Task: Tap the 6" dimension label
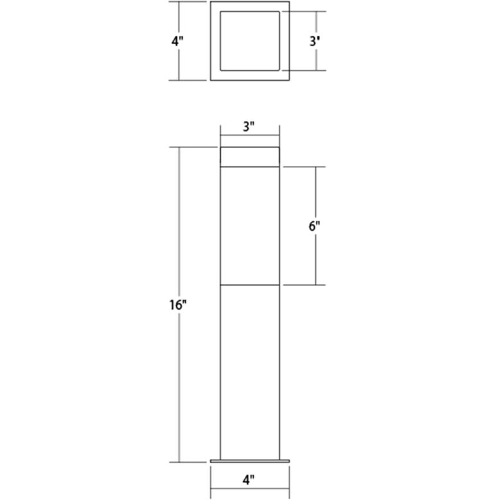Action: click(313, 226)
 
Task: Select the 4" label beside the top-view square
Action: click(178, 41)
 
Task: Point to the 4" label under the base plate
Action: click(249, 478)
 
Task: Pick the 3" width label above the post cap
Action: click(249, 126)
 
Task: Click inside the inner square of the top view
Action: click(249, 40)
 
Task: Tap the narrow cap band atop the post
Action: click(249, 156)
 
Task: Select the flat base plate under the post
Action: click(249, 460)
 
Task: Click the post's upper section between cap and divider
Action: click(249, 224)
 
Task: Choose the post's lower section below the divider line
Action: click(249, 372)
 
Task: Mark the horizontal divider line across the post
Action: click(249, 284)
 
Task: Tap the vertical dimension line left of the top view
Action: click(178, 64)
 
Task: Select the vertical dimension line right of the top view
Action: click(315, 61)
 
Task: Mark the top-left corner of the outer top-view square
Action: click(211, 2)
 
